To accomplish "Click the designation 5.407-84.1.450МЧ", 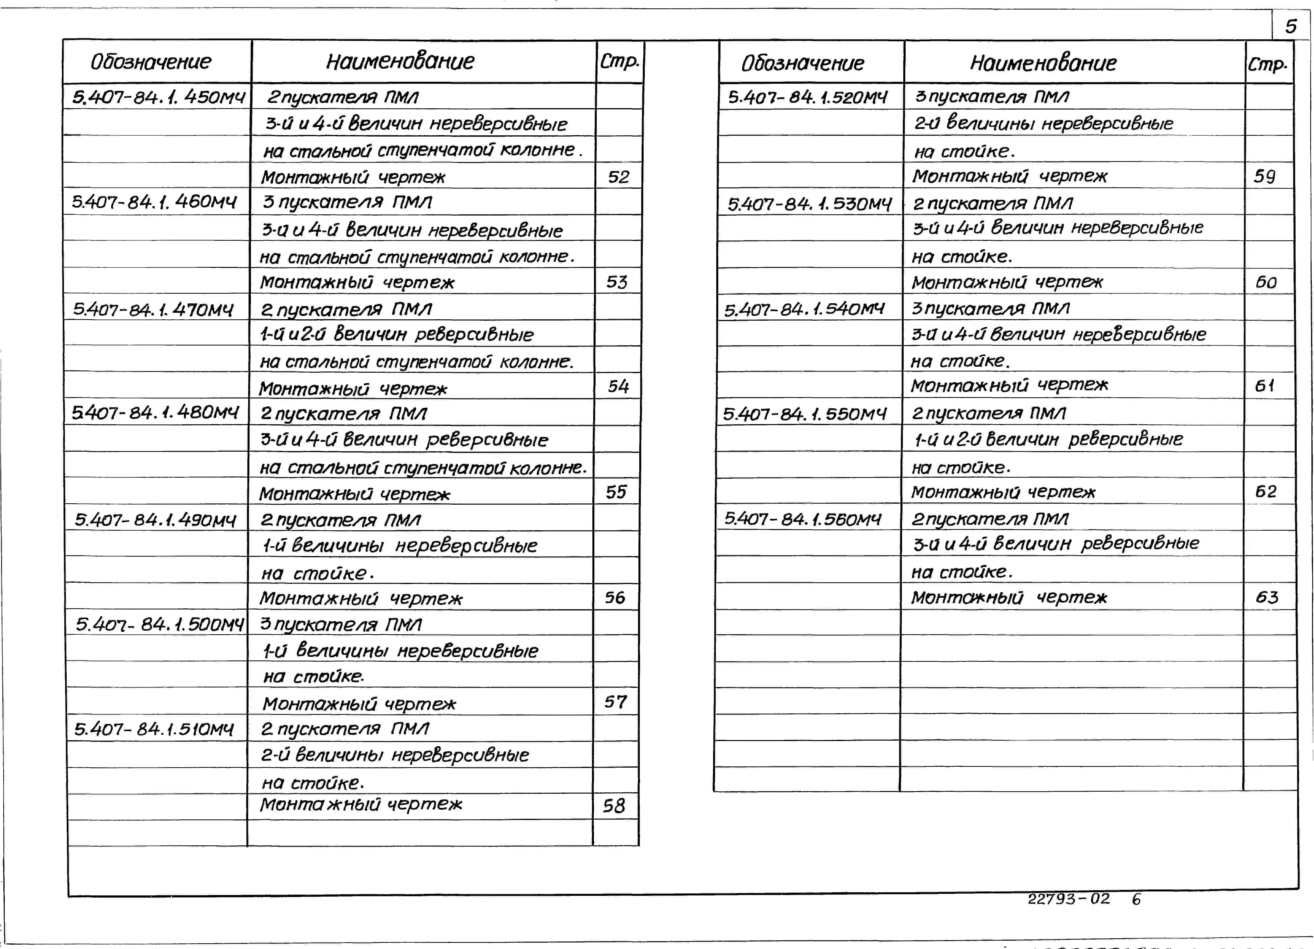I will [158, 97].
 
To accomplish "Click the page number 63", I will [1267, 597].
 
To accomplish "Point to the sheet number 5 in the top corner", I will [1291, 26].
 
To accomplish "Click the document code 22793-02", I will [1069, 899].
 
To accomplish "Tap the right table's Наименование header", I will [1043, 63].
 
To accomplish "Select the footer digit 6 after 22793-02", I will [1136, 899].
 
